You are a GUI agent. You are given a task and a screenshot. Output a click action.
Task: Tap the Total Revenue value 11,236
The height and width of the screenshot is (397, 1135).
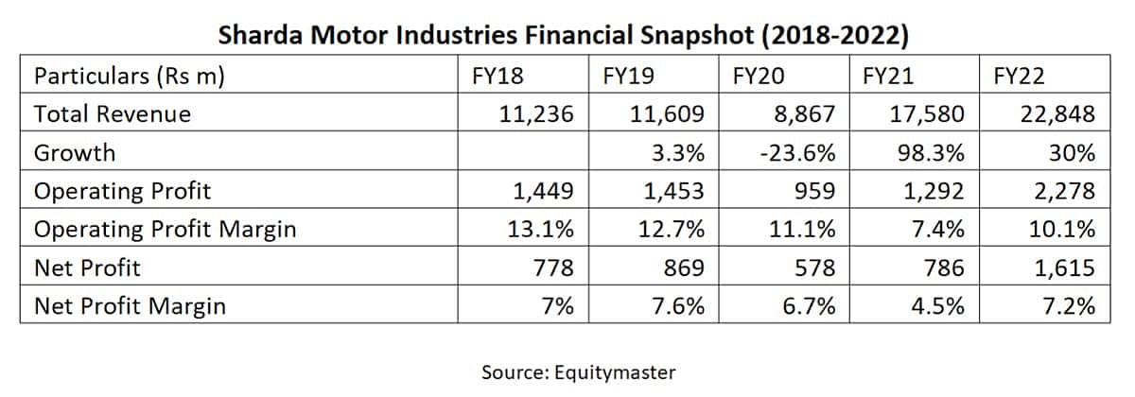[x=535, y=114]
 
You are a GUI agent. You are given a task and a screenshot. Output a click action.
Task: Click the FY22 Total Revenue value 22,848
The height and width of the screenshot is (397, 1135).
[x=1057, y=114]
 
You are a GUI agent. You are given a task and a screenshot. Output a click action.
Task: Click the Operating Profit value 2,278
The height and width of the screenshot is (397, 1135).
[x=1064, y=192]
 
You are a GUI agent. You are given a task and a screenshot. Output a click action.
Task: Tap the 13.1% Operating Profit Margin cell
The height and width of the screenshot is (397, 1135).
[x=543, y=230]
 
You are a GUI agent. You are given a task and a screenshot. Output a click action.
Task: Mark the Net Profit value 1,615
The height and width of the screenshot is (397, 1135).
[x=1064, y=268]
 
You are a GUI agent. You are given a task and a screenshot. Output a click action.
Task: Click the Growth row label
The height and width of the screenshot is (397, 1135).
[x=74, y=153]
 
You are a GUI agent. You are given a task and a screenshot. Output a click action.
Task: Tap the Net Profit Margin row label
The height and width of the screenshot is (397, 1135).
[x=130, y=306]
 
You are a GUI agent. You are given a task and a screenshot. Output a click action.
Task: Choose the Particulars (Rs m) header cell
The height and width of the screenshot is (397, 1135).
[x=129, y=77]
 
